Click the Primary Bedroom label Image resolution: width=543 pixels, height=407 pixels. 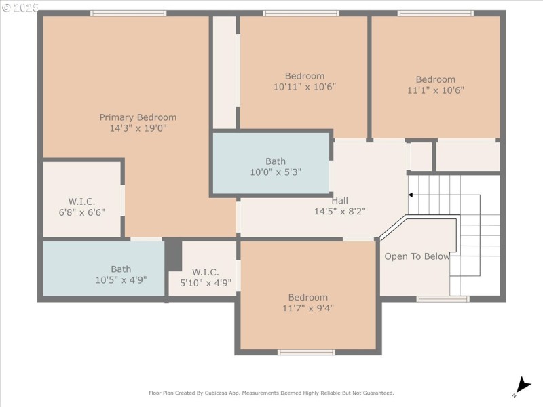138,117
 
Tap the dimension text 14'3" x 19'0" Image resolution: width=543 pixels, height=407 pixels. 138,128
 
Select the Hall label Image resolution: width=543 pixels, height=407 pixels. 340,200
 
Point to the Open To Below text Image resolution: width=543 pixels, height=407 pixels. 417,256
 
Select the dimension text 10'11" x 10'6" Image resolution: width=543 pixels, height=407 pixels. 305,87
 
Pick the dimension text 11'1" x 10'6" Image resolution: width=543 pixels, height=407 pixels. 436,90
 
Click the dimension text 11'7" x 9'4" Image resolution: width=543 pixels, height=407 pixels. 308,308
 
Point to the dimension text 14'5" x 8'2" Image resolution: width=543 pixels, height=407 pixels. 340,211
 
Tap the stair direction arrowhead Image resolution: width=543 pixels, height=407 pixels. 410,195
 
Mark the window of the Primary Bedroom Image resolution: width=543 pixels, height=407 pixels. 128,13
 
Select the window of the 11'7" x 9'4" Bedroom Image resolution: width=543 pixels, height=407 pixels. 307,352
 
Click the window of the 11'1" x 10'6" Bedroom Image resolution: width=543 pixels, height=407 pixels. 435,13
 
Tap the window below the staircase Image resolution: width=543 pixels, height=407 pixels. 443,299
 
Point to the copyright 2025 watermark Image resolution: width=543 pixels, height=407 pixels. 20,7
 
